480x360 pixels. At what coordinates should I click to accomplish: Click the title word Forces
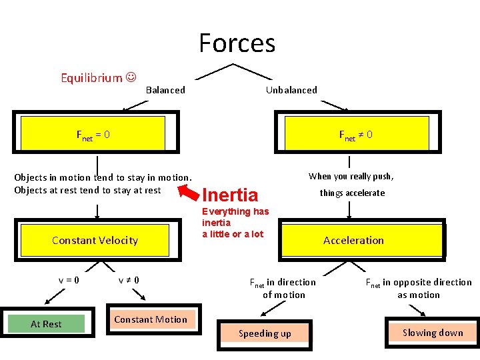click(237, 43)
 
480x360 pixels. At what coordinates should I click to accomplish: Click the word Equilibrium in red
click(91, 78)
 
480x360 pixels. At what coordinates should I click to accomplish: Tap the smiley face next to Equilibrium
click(131, 77)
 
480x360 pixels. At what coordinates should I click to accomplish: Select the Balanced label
click(165, 90)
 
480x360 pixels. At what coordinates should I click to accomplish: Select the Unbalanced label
click(291, 90)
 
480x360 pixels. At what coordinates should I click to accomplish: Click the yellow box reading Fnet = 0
click(93, 135)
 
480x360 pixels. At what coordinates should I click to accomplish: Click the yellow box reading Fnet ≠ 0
click(363, 135)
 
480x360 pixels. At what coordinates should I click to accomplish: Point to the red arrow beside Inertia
click(189, 192)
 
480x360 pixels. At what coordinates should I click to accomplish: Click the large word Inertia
click(229, 195)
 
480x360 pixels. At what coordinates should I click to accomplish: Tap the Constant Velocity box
click(95, 240)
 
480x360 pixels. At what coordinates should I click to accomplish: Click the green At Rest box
click(46, 324)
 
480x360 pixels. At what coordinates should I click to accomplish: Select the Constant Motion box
click(151, 320)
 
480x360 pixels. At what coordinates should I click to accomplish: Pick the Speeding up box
click(265, 333)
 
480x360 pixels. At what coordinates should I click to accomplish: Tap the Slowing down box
click(432, 333)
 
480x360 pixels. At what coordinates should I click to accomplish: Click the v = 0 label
click(68, 279)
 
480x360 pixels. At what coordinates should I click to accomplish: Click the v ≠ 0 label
click(129, 279)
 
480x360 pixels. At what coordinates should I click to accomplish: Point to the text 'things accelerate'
click(352, 193)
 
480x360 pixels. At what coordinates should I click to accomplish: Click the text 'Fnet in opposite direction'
click(418, 282)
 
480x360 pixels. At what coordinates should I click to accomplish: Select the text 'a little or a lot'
click(233, 234)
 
